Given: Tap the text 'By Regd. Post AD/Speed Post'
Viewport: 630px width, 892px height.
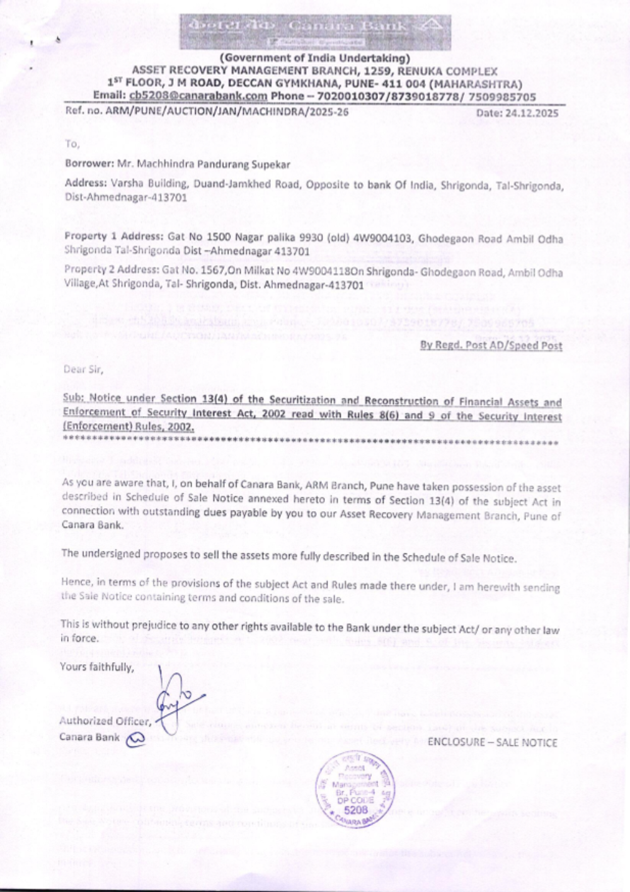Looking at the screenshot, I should tap(491, 345).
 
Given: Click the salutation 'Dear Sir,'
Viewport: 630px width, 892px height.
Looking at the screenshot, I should tap(83, 370).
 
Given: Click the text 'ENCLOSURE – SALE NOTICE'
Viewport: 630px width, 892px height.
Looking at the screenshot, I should tap(492, 742).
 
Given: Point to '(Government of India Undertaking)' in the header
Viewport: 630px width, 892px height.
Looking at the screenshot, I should tap(314, 59).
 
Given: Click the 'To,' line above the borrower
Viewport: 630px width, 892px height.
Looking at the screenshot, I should tap(72, 144).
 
